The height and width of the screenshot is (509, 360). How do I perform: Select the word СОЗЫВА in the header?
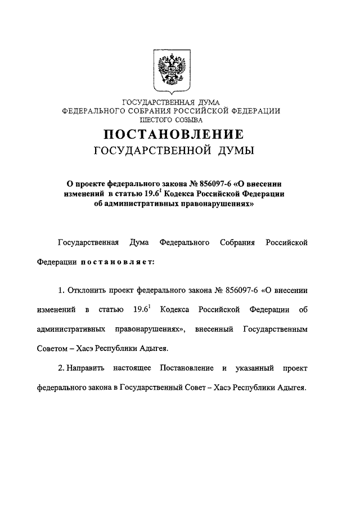pos(191,119)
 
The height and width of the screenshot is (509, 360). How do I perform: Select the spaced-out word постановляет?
pos(115,262)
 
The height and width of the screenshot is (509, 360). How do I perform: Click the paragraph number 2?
pos(61,368)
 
